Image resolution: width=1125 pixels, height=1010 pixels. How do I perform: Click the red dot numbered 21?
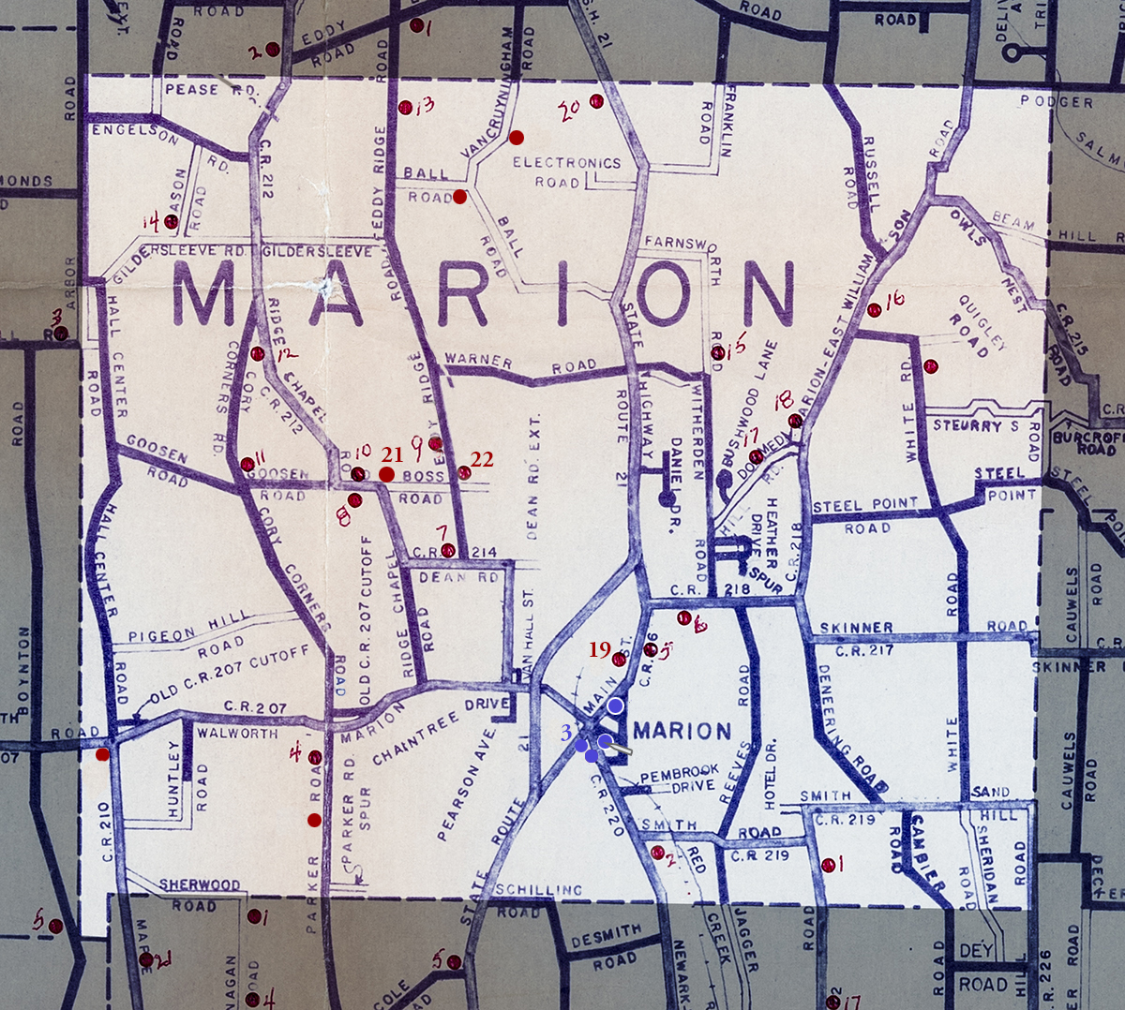coord(386,474)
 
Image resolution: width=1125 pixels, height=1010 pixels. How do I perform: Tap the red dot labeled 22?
coord(464,472)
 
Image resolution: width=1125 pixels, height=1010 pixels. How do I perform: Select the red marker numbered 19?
coord(619,660)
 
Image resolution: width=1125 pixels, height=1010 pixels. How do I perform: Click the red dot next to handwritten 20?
coord(595,101)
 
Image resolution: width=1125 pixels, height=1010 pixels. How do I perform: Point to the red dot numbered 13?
coord(405,108)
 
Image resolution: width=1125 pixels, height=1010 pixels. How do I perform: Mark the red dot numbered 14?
coord(171,221)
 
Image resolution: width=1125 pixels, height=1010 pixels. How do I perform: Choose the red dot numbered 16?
coord(874,310)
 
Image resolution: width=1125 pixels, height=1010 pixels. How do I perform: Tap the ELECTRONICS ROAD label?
coord(565,171)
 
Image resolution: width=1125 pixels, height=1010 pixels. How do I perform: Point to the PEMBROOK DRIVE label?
coord(679,777)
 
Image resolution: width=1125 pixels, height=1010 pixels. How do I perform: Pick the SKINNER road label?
coord(856,627)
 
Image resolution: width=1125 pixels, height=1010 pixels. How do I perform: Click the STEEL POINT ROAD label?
coord(864,515)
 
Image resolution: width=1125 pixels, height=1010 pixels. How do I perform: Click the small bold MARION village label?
coord(682,731)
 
